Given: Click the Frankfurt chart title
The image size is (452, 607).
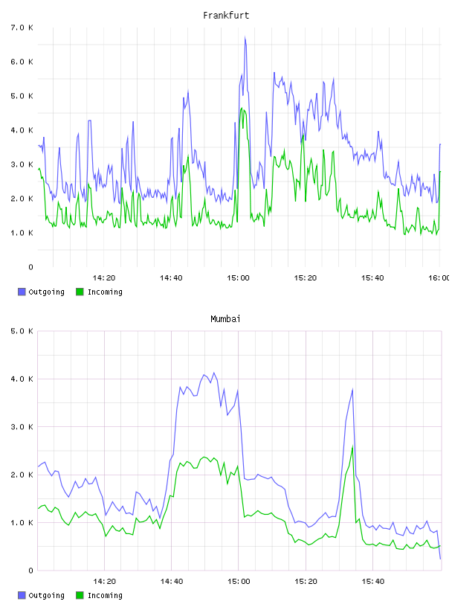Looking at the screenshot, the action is tap(226, 16).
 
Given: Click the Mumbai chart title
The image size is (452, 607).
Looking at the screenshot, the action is tap(225, 319).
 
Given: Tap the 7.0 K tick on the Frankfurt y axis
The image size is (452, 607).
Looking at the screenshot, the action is tap(22, 28).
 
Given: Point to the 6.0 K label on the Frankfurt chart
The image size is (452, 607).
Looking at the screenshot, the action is tap(22, 62).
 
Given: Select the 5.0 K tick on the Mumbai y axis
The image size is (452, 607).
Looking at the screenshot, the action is tap(22, 331).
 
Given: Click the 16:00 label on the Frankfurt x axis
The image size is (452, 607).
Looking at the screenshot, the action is tap(439, 278).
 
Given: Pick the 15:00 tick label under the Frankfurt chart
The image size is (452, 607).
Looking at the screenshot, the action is tap(239, 278).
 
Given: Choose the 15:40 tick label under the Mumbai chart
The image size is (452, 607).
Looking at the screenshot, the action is tap(373, 582).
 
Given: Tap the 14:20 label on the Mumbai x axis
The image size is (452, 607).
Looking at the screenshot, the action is tap(105, 582).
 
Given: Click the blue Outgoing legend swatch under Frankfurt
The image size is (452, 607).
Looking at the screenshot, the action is tap(22, 292).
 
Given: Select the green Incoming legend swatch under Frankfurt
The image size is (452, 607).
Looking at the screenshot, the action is tap(80, 292).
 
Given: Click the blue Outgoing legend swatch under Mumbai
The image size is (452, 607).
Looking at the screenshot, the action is tap(22, 595).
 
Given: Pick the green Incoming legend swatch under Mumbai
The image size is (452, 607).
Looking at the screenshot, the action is tap(80, 595).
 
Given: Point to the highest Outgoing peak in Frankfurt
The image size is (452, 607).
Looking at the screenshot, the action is tap(245, 37).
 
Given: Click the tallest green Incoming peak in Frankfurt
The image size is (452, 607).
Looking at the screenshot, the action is tap(242, 108).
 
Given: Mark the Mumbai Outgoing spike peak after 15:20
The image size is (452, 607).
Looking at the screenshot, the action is tap(352, 389).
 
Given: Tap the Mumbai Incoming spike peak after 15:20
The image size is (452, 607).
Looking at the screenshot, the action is tap(352, 446).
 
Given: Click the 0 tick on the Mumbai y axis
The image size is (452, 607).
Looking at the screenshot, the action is tap(30, 571).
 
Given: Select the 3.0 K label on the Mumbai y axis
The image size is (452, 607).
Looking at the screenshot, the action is tap(22, 427).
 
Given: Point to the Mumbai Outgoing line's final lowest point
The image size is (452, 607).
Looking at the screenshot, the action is tap(440, 559).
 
